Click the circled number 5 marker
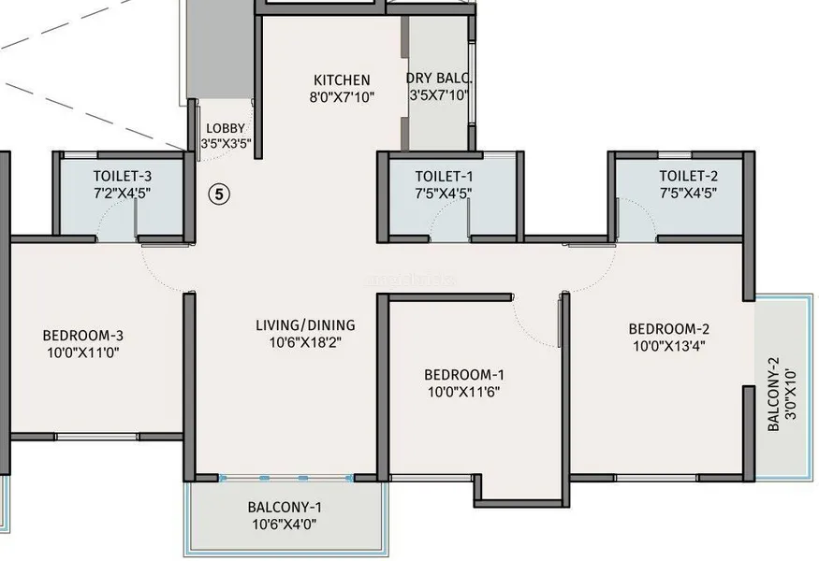[x=219, y=194]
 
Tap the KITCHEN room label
[x=343, y=79]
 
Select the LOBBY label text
[x=226, y=128]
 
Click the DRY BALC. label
[x=439, y=79]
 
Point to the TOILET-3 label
[x=123, y=176]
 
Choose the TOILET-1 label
[x=444, y=176]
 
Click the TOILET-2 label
[x=688, y=176]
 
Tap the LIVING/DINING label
[x=305, y=325]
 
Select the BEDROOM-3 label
[x=83, y=335]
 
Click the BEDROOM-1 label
[x=464, y=375]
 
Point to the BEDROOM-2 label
[x=669, y=329]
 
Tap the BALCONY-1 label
[x=285, y=507]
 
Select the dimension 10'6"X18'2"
[x=305, y=342]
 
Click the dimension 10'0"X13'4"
[x=669, y=345]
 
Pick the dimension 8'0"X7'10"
[x=343, y=96]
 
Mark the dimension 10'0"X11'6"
[x=464, y=392]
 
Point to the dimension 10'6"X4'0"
[x=285, y=524]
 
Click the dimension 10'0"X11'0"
[x=83, y=352]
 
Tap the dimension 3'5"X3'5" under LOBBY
[x=227, y=143]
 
